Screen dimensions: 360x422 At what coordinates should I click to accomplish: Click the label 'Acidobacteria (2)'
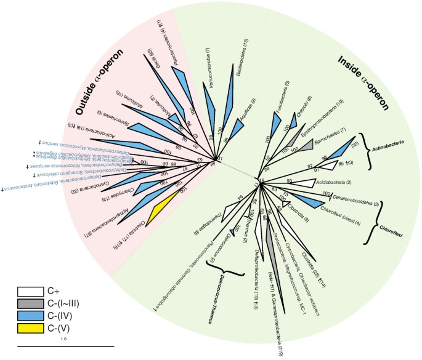coord(332,183)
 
